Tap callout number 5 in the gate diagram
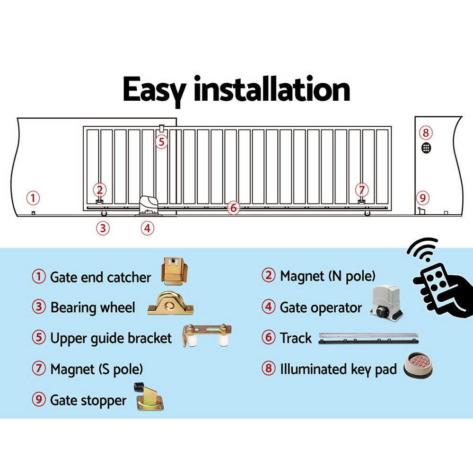tap(161, 141)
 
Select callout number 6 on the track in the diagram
tap(233, 208)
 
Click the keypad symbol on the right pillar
tap(426, 148)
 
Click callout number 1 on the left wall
tap(32, 197)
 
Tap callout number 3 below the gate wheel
tap(103, 228)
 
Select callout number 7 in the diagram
tap(362, 190)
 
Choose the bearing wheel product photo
tap(170, 304)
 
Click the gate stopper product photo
tap(149, 396)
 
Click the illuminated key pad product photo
tap(418, 367)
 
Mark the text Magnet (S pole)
tap(96, 369)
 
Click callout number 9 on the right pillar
tap(422, 197)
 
